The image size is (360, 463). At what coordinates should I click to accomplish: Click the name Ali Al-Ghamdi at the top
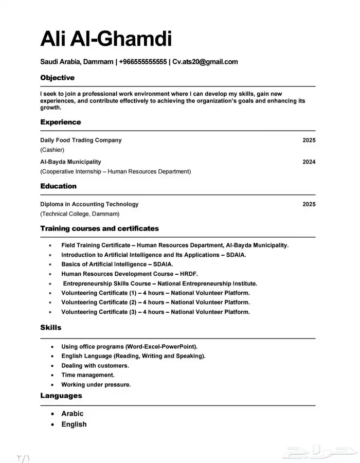click(106, 39)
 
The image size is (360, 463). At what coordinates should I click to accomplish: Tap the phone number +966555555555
click(142, 62)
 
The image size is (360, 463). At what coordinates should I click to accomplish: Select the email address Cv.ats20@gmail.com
click(205, 62)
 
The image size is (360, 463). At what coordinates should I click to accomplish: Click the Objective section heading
click(57, 78)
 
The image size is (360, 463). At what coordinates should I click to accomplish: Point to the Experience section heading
click(60, 122)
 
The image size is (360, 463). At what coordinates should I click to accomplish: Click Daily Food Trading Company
click(81, 140)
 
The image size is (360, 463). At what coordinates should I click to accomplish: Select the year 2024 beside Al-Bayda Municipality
click(309, 162)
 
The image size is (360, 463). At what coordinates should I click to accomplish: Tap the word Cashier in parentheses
click(52, 150)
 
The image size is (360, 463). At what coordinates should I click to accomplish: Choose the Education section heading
click(58, 186)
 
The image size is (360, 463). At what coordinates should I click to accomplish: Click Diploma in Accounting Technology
click(89, 204)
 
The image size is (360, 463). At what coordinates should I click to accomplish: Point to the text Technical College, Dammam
click(80, 214)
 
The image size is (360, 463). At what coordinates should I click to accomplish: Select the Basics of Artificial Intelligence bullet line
click(117, 264)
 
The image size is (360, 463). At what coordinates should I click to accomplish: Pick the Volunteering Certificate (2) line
click(155, 302)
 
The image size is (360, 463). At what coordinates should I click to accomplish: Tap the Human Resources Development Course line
click(129, 274)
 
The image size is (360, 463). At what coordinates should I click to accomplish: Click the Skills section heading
click(50, 328)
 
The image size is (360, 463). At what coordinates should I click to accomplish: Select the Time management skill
click(88, 375)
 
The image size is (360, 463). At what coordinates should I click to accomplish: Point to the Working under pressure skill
click(96, 384)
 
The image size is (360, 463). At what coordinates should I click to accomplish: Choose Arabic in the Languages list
click(72, 414)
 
